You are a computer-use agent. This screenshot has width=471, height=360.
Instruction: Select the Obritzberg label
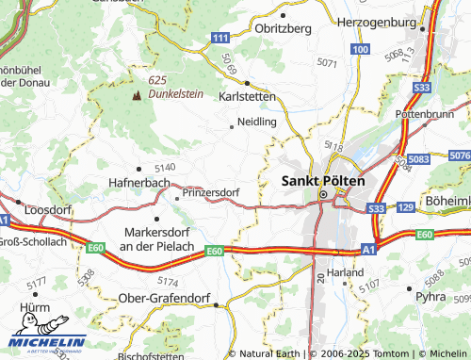284,28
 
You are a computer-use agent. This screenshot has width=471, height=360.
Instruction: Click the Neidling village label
256,123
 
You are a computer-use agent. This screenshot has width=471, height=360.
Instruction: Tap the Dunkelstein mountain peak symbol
137,94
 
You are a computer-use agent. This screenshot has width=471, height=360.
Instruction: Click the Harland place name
346,270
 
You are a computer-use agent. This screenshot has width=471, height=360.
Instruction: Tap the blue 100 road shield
359,47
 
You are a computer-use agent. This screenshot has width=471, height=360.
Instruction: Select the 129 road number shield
406,206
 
